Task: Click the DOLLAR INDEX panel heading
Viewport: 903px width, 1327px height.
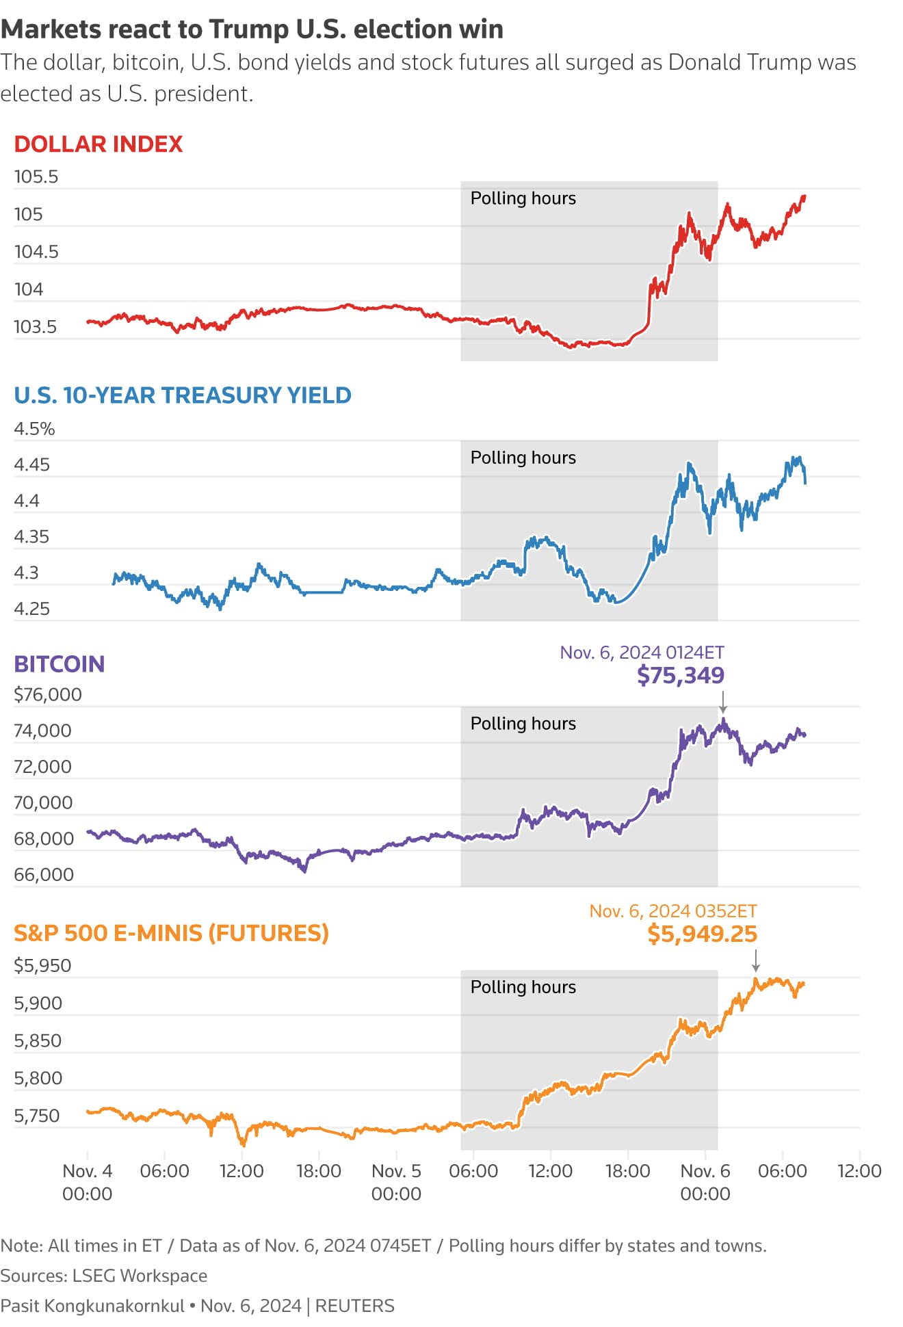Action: (99, 144)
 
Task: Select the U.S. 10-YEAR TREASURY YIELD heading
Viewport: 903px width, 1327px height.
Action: (183, 395)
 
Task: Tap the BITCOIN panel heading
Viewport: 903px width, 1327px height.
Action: (60, 664)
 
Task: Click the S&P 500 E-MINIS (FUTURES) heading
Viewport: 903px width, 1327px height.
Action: (171, 933)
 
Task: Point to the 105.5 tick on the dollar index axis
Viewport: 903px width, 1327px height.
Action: (36, 177)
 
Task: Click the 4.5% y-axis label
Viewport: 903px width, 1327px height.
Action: (34, 429)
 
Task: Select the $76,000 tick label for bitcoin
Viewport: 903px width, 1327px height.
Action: (48, 695)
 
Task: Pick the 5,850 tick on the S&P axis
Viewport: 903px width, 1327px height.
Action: (38, 1041)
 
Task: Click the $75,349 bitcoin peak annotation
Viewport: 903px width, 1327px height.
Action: (680, 676)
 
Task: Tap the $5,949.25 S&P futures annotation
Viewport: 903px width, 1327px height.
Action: (702, 934)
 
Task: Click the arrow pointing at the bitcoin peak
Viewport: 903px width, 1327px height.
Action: (722, 702)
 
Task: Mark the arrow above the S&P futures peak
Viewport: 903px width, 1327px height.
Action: (755, 961)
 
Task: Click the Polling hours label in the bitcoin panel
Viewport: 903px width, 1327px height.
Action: (523, 724)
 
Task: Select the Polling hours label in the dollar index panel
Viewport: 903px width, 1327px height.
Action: (523, 198)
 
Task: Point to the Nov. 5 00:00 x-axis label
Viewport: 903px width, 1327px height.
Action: (396, 1182)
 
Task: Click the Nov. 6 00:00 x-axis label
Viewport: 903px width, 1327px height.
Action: (705, 1182)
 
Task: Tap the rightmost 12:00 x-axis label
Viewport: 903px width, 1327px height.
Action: (859, 1171)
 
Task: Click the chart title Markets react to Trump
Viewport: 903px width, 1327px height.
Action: (252, 29)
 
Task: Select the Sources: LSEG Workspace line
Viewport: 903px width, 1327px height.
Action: (104, 1276)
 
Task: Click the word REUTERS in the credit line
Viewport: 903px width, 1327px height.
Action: (354, 1306)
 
